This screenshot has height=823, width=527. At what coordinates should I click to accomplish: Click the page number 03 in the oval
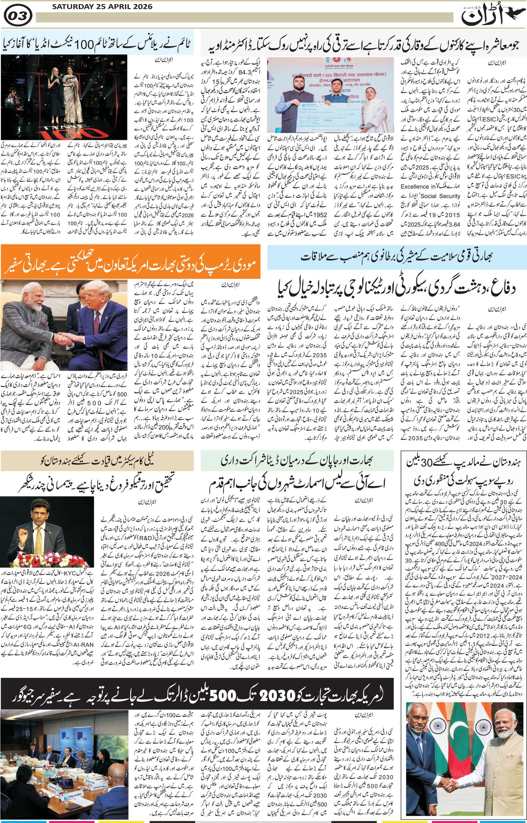coord(18,15)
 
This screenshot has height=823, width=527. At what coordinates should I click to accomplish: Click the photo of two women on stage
coord(64,97)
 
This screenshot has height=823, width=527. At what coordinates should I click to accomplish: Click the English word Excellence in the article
coord(415,186)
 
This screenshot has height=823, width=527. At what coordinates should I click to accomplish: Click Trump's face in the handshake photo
coord(98,301)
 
